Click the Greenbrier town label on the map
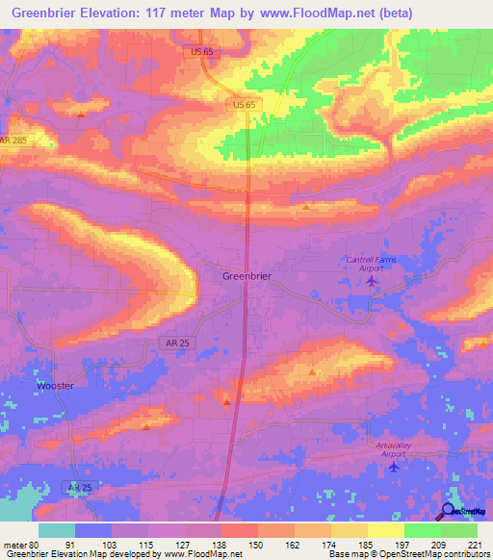246,276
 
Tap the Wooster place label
55,385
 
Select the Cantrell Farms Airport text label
372,264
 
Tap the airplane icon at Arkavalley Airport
391,468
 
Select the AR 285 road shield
13,141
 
